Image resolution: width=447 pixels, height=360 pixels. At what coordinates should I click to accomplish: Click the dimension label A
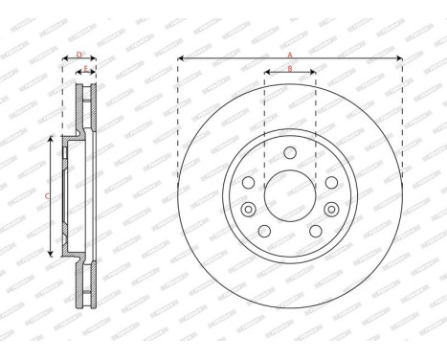click(290, 55)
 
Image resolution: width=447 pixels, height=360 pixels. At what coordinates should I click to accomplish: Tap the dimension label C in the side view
click(48, 196)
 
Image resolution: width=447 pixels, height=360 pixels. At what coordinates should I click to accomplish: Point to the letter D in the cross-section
click(78, 55)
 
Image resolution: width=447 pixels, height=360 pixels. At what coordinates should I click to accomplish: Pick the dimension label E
click(85, 70)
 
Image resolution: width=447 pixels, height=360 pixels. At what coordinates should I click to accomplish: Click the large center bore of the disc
click(290, 196)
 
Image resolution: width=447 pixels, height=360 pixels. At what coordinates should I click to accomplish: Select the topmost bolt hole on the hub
click(290, 155)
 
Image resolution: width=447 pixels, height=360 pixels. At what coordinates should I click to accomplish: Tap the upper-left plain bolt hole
click(249, 183)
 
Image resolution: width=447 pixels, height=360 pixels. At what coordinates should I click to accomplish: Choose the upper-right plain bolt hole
click(330, 183)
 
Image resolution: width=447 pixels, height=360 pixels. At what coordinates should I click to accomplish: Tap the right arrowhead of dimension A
click(399, 61)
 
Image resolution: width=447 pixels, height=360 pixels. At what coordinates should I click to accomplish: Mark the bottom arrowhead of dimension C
click(48, 253)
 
